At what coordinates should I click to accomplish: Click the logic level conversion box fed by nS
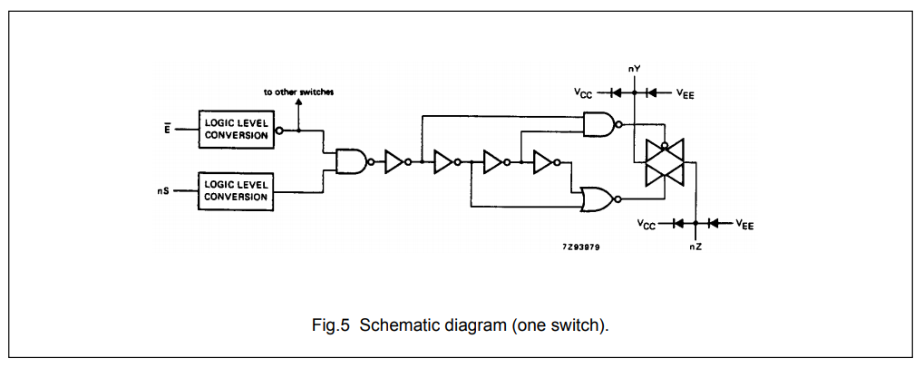[236, 189]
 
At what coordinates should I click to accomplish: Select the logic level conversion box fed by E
[236, 130]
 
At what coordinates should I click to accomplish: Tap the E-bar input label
[167, 129]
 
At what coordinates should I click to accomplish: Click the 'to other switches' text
[298, 93]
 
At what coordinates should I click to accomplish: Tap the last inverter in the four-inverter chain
[546, 161]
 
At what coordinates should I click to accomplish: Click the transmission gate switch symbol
[664, 162]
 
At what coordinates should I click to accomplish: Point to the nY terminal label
[634, 68]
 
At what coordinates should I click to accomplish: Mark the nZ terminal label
[695, 247]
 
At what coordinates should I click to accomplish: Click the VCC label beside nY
[583, 93]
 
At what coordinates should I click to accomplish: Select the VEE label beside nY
[685, 93]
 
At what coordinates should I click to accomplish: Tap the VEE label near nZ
[744, 224]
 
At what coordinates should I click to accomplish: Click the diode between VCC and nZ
[677, 223]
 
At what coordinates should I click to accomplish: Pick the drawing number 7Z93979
[581, 247]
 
